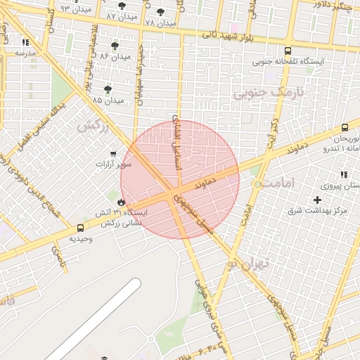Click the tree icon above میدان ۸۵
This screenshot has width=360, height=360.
tap(108, 89)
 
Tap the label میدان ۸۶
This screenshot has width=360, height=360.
tap(115, 56)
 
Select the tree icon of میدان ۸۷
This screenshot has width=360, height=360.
tap(122, 6)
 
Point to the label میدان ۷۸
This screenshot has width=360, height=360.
tap(160, 23)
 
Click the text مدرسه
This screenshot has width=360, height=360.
tap(25, 53)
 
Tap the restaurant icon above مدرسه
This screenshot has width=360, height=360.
tap(26, 42)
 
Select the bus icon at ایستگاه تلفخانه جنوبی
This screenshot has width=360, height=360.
tap(288, 51)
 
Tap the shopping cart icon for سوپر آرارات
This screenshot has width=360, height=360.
tap(113, 153)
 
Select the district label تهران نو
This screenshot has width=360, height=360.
tap(243, 264)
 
